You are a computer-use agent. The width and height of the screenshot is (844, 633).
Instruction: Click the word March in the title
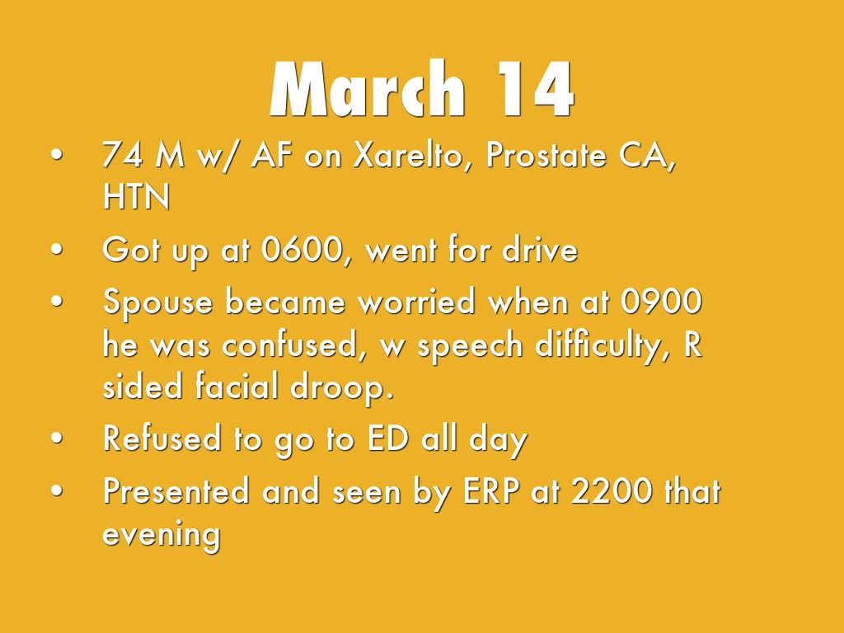pyautogui.click(x=367, y=89)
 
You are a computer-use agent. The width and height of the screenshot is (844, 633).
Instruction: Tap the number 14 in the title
pyautogui.click(x=535, y=89)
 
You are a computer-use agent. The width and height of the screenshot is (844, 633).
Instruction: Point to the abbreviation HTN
pyautogui.click(x=136, y=196)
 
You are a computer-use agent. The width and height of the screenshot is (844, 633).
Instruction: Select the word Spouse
pyautogui.click(x=157, y=302)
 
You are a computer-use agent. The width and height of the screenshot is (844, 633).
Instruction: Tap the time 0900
pyautogui.click(x=661, y=301)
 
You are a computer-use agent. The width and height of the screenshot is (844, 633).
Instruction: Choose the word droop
pyautogui.click(x=342, y=387)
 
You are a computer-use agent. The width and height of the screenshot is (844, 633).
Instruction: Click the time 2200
pyautogui.click(x=612, y=490)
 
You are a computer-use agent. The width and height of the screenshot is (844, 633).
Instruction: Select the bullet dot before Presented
pyautogui.click(x=57, y=490)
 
